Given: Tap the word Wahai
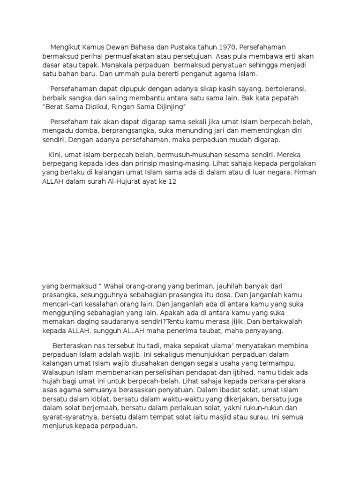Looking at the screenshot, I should coord(115,286).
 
